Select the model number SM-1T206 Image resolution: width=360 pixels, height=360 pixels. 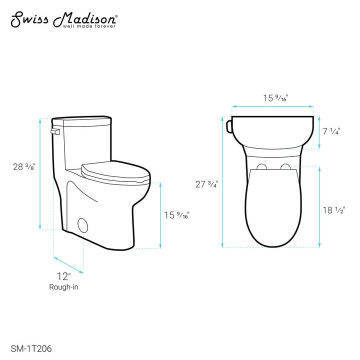coord(31,345)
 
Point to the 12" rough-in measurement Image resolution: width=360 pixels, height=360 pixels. coord(63,276)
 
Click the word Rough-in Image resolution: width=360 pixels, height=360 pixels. coord(63,287)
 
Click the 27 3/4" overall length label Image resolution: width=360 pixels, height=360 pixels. coord(206,183)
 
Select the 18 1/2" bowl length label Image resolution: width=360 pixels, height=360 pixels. coord(334,210)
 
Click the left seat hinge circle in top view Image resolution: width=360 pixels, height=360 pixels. coord(260,166)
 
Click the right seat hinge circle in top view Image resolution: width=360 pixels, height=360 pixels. coord(285,166)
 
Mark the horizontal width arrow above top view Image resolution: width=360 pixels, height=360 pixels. coord(273,106)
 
